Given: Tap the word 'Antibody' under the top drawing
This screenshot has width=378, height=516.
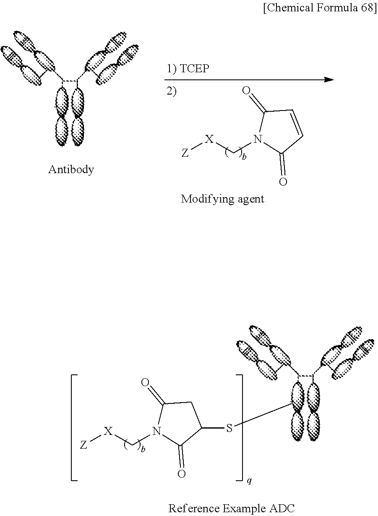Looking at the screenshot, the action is click(71, 170).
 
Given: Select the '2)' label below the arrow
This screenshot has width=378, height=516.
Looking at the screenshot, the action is click(172, 92).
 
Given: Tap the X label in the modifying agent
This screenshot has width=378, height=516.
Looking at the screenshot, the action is click(209, 139).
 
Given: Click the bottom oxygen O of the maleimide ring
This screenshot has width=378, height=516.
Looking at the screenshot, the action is click(283, 182).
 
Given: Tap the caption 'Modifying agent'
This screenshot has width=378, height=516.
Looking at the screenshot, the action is click(222, 199).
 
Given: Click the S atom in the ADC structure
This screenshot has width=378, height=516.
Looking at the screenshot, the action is click(229, 429).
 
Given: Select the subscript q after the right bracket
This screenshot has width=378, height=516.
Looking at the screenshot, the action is click(249, 480).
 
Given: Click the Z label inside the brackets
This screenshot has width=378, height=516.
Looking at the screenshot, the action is click(84, 445).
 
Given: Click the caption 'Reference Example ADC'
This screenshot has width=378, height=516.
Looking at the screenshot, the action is click(231, 508).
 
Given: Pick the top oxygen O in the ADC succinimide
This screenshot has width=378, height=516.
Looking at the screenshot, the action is click(145, 382).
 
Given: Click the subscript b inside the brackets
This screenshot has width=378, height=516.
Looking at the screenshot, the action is click(143, 450).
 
